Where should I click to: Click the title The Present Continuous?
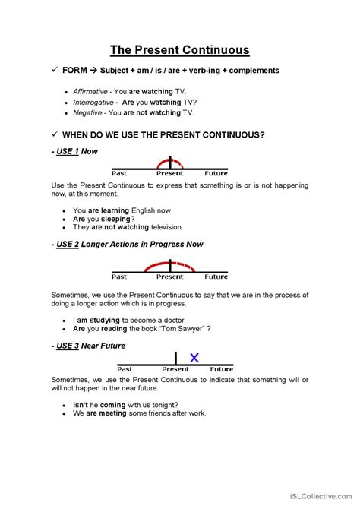coord(179,51)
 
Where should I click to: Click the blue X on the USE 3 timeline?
coord(194,358)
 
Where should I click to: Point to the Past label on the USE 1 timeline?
coord(119,173)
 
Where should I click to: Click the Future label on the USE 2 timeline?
coord(216,277)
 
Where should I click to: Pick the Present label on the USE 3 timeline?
coord(178,368)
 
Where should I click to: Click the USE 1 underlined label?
coord(68,151)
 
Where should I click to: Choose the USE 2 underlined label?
coord(68,245)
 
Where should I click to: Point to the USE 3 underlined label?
coord(68,346)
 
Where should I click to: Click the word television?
coord(161,226)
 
